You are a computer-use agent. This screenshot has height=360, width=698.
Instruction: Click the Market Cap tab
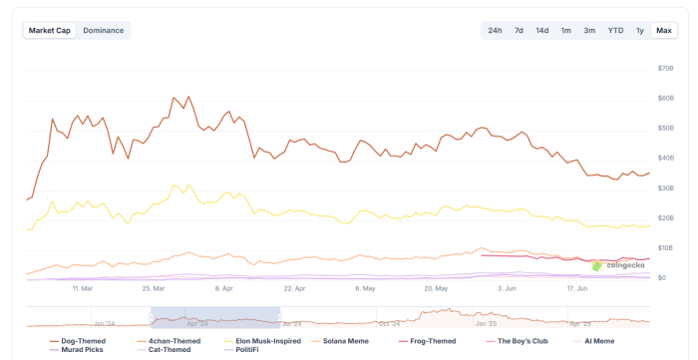tap(49, 30)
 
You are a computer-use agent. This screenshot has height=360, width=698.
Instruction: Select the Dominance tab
tap(104, 30)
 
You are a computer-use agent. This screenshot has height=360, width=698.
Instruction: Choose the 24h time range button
tap(495, 30)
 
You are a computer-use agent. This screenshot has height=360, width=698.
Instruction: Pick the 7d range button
tap(519, 30)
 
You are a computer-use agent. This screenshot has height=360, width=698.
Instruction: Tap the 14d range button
tap(541, 30)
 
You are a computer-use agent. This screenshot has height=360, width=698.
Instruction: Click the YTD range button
tap(615, 30)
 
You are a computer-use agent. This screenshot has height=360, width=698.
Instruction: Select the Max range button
tap(664, 30)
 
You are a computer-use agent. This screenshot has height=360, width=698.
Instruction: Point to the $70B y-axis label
tap(666, 68)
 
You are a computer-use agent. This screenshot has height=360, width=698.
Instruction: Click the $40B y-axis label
tap(666, 158)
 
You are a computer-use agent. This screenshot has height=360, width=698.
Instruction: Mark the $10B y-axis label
tap(666, 247)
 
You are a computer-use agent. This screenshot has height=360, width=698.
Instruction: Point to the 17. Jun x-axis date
tap(577, 289)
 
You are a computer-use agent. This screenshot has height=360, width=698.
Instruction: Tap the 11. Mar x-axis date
tap(83, 289)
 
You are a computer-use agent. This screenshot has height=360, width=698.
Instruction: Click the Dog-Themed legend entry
tap(78, 341)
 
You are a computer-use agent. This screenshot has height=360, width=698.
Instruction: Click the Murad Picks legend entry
tap(77, 350)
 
